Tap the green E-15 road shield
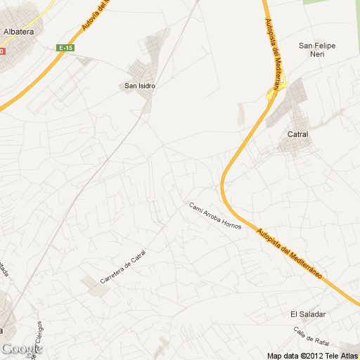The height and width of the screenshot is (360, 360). (65, 48)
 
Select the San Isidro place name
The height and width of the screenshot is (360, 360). (139, 86)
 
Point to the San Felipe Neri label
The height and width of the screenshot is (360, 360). (317, 50)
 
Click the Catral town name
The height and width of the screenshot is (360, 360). (298, 133)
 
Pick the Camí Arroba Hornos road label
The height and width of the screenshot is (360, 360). (214, 217)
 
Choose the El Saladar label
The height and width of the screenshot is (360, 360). (305, 314)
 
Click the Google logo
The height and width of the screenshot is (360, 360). (21, 349)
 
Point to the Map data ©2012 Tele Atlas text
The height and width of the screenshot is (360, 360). (312, 354)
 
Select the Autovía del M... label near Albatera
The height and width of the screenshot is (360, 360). (97, 15)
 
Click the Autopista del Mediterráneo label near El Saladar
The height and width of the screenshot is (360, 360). (289, 252)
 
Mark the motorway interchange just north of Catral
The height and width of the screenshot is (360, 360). (271, 94)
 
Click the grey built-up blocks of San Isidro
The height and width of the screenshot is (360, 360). (143, 70)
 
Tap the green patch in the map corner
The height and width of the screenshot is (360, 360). (330, 3)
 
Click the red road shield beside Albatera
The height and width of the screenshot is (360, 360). (2, 51)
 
